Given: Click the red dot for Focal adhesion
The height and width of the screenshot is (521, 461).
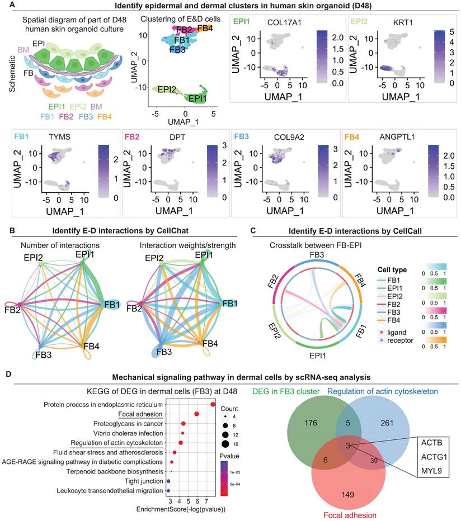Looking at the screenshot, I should pos(197,414).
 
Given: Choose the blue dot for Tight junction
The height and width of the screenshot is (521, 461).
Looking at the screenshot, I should pos(168,481).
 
